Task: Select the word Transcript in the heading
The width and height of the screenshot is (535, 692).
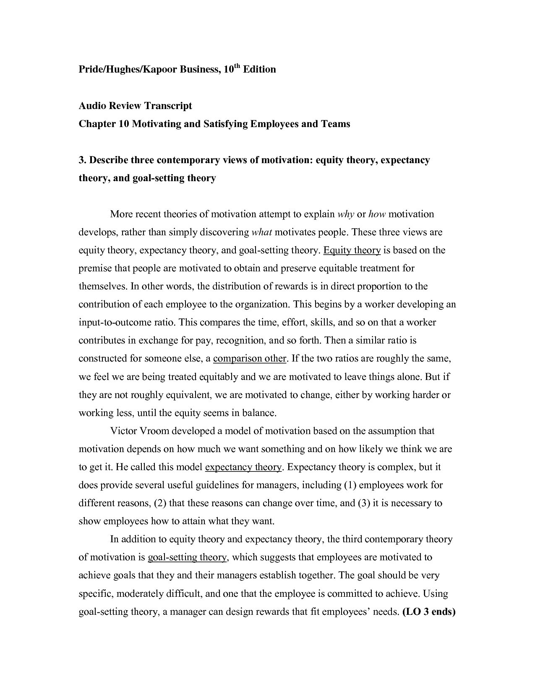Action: click(168, 106)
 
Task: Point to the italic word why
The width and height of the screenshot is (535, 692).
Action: click(346, 214)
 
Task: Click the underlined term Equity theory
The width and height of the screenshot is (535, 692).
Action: click(352, 250)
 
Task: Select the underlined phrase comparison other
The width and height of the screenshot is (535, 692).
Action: click(250, 359)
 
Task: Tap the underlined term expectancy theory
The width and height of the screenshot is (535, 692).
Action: click(243, 467)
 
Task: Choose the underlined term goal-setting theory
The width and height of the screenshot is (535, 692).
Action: click(188, 557)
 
